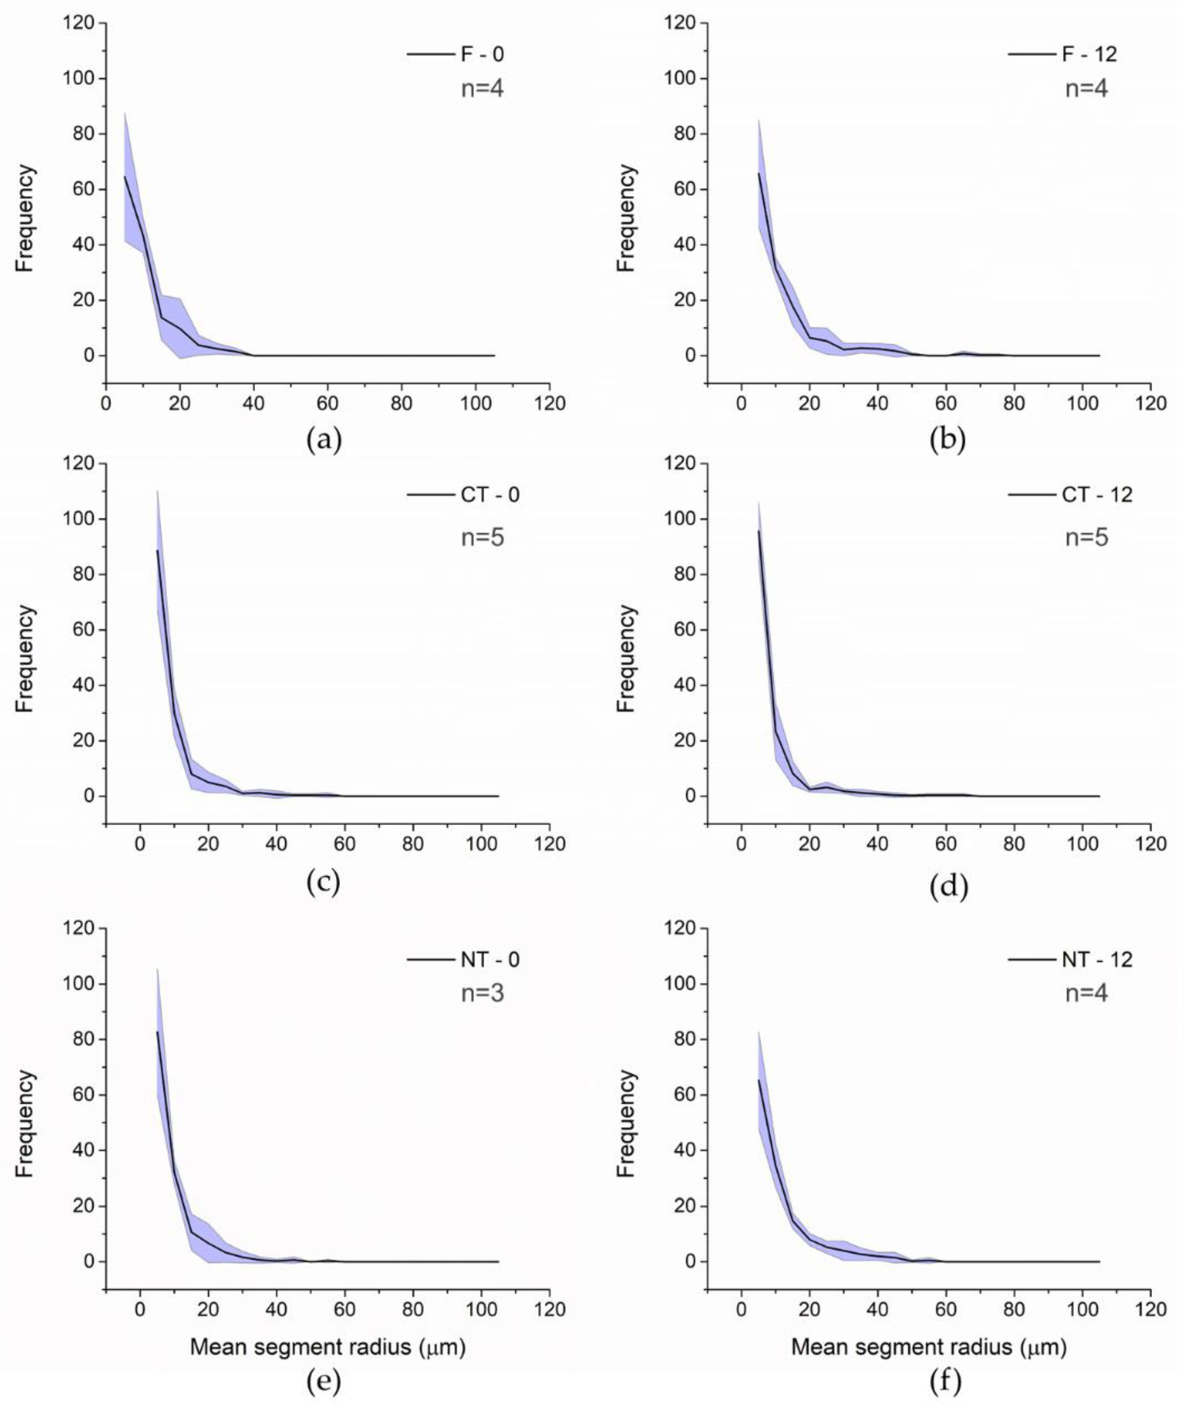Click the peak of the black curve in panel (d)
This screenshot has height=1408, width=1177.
tap(759, 531)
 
